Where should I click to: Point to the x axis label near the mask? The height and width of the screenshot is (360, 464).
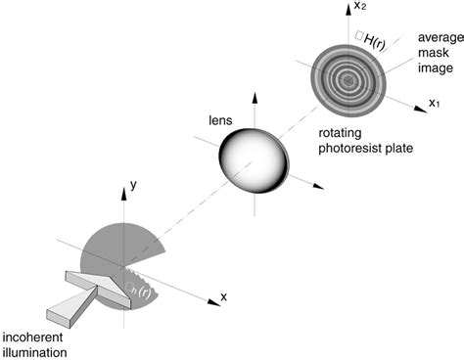point(224,296)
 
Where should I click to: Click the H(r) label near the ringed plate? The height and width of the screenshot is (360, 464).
point(374,38)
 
